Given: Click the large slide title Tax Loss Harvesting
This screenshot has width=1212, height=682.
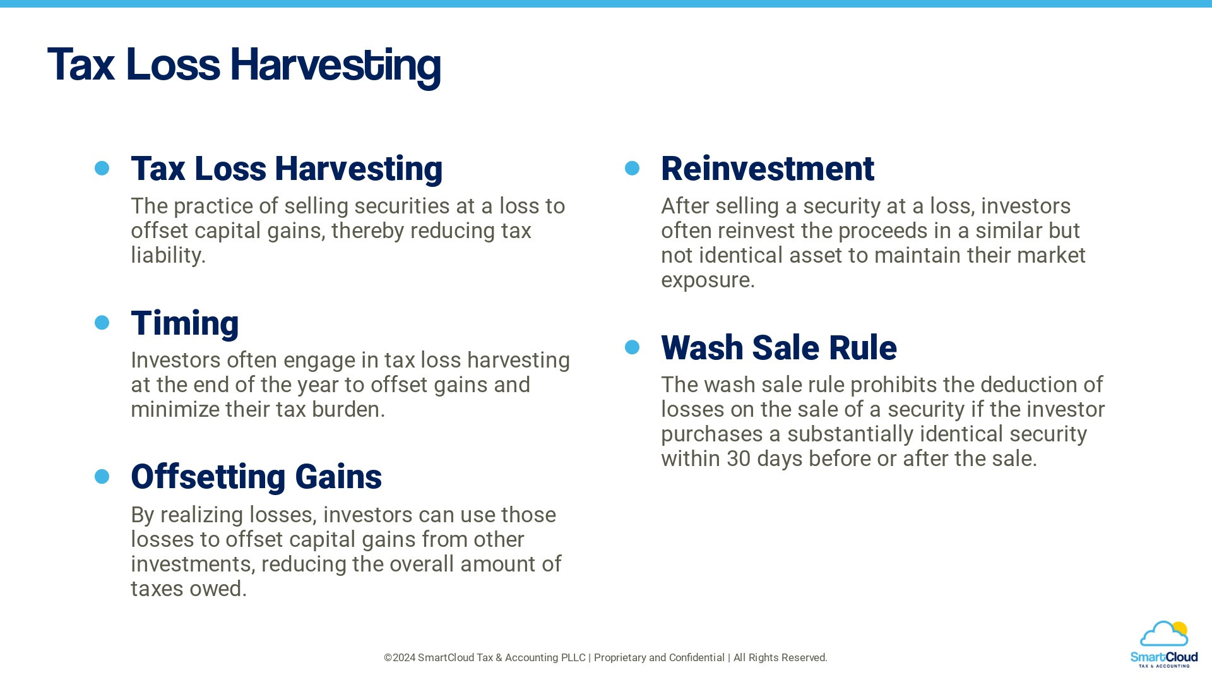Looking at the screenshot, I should (x=244, y=64).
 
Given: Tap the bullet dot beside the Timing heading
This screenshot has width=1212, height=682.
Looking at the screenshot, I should (x=102, y=323).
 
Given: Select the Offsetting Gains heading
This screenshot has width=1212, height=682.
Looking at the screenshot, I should (x=256, y=477).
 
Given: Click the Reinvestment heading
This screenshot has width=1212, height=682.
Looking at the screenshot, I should (x=767, y=169).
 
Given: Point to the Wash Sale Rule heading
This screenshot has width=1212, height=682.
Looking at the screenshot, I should (x=778, y=348).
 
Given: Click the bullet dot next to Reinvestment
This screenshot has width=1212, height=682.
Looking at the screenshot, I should (x=632, y=168).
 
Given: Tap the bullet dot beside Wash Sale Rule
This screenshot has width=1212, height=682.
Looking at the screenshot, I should (x=632, y=347).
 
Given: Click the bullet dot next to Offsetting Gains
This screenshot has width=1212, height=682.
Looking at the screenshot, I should (x=102, y=476).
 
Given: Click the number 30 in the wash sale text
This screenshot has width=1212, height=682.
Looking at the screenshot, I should (x=738, y=459).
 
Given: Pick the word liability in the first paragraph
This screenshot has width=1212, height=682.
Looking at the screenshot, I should (x=166, y=256).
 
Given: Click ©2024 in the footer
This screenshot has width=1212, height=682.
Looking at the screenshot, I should (x=399, y=658).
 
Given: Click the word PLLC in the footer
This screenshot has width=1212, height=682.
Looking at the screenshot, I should (x=571, y=658).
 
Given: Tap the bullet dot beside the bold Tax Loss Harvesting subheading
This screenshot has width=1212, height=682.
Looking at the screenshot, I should (x=102, y=168).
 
